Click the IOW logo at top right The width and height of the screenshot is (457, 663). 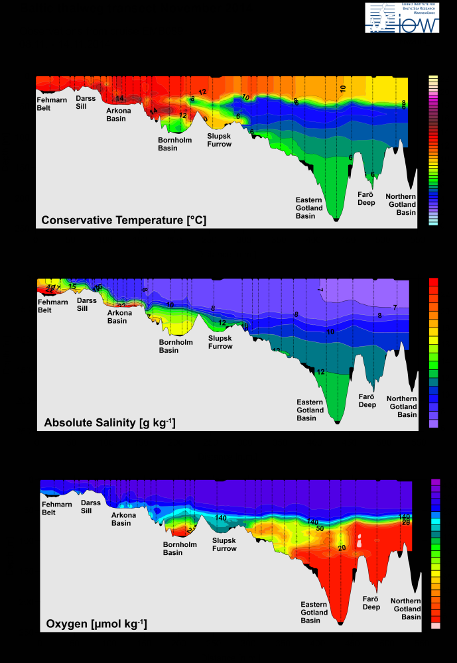click(402, 18)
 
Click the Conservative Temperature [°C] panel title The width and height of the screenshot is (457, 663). click(124, 220)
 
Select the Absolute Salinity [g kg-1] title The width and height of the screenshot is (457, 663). click(109, 422)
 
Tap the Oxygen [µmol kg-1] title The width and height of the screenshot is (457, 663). click(96, 624)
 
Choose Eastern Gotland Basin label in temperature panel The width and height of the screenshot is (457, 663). click(309, 208)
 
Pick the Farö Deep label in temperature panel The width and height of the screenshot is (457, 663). click(367, 198)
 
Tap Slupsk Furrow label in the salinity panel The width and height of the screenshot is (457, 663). click(220, 342)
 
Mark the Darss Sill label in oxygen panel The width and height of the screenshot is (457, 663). click(91, 507)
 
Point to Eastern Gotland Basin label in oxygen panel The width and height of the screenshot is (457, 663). click(314, 613)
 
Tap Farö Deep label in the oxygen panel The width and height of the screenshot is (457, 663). click(371, 602)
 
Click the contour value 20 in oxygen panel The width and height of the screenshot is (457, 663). click(342, 548)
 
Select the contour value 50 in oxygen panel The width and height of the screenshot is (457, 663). click(319, 528)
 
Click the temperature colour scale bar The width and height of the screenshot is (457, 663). click(433, 151)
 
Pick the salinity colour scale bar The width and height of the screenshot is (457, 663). click(434, 353)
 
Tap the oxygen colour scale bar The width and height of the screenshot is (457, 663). click(436, 554)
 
